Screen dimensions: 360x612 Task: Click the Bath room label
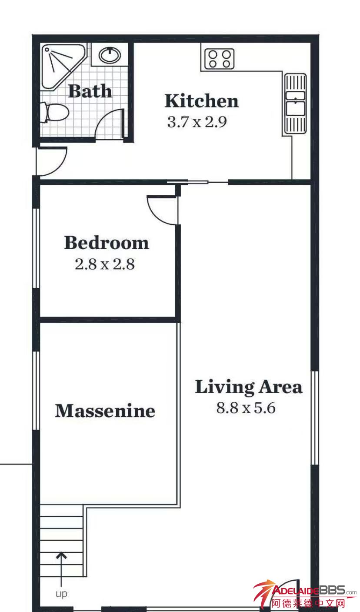(x=90, y=91)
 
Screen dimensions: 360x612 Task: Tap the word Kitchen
(x=202, y=101)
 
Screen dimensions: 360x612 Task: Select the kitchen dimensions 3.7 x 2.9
(x=197, y=122)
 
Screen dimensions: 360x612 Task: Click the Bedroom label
(x=107, y=243)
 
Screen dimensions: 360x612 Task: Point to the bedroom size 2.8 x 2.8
(x=105, y=264)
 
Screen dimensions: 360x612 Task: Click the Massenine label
(x=105, y=411)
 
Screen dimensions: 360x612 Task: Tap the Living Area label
(x=249, y=387)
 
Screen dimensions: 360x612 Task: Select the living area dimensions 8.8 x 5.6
(x=246, y=408)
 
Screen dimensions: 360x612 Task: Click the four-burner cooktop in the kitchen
(x=219, y=59)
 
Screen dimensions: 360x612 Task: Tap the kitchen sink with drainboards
(x=295, y=103)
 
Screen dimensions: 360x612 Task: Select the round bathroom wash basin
(x=110, y=55)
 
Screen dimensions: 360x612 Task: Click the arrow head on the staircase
(x=61, y=556)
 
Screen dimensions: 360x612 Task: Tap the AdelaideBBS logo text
(x=314, y=591)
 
